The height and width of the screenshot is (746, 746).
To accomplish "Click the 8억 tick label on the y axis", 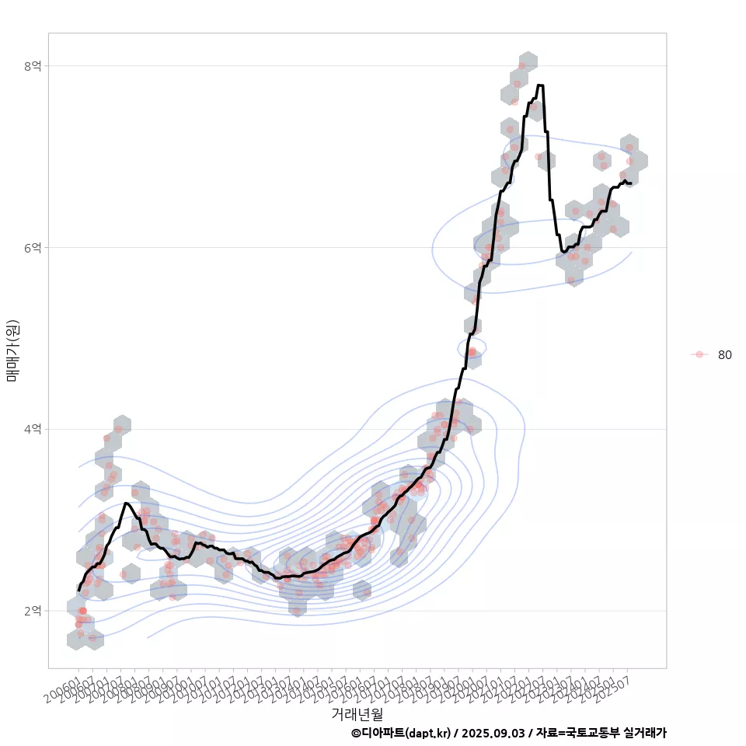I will click(x=32, y=66).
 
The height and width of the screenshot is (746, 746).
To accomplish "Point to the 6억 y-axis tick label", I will click(x=32, y=248).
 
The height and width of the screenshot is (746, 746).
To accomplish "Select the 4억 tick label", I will click(x=32, y=429).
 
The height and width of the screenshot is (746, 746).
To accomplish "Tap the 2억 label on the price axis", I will click(x=32, y=611).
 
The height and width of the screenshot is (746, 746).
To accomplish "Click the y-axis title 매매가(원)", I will click(x=12, y=350).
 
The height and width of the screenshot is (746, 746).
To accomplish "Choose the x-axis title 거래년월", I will click(x=357, y=713).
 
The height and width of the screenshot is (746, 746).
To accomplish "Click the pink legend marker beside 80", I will click(x=699, y=354).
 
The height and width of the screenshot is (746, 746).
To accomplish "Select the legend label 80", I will click(x=724, y=355).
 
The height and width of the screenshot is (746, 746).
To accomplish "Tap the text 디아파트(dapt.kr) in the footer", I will click(x=406, y=733).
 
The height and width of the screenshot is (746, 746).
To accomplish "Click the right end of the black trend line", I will click(x=630, y=183).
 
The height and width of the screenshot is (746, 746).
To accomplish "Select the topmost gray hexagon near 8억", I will click(x=528, y=61).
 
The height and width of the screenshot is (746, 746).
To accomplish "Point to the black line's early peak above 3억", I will click(x=126, y=504).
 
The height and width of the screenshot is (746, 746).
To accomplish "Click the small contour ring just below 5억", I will click(x=472, y=347).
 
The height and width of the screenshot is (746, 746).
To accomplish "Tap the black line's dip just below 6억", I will click(x=563, y=251).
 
